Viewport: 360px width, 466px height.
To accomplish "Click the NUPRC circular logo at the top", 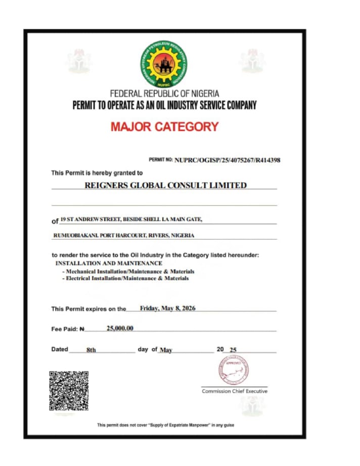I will pos(164,64).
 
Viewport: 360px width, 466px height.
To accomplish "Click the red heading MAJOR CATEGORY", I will pos(164,126).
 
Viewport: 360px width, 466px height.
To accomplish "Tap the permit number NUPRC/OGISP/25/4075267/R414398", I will pos(227,160).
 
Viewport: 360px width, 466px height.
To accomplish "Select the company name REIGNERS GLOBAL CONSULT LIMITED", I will pos(165,185).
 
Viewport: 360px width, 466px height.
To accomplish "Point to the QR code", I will pos(69,391).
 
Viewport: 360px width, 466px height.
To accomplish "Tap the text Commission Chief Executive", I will pos(235,391).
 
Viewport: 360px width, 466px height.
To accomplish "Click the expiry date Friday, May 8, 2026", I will pos(167,308).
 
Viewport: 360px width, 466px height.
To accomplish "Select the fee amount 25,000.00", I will pos(120,329).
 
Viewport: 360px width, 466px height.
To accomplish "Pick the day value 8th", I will pos(91,350).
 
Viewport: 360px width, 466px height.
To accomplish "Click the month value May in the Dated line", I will pos(166,350).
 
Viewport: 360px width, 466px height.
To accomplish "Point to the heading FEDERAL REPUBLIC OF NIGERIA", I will pos(164,94).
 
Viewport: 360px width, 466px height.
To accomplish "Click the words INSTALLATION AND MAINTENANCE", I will pos(109,263).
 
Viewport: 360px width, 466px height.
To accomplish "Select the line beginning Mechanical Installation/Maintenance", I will pos(128,271).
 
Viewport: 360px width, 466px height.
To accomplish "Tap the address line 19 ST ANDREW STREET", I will pos(131,219).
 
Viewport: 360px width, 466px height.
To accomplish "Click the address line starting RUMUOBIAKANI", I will pos(124,236).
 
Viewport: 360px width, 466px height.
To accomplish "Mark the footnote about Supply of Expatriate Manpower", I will pos(165,425).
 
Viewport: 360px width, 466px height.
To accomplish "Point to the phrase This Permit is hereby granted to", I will pos(97,173).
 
